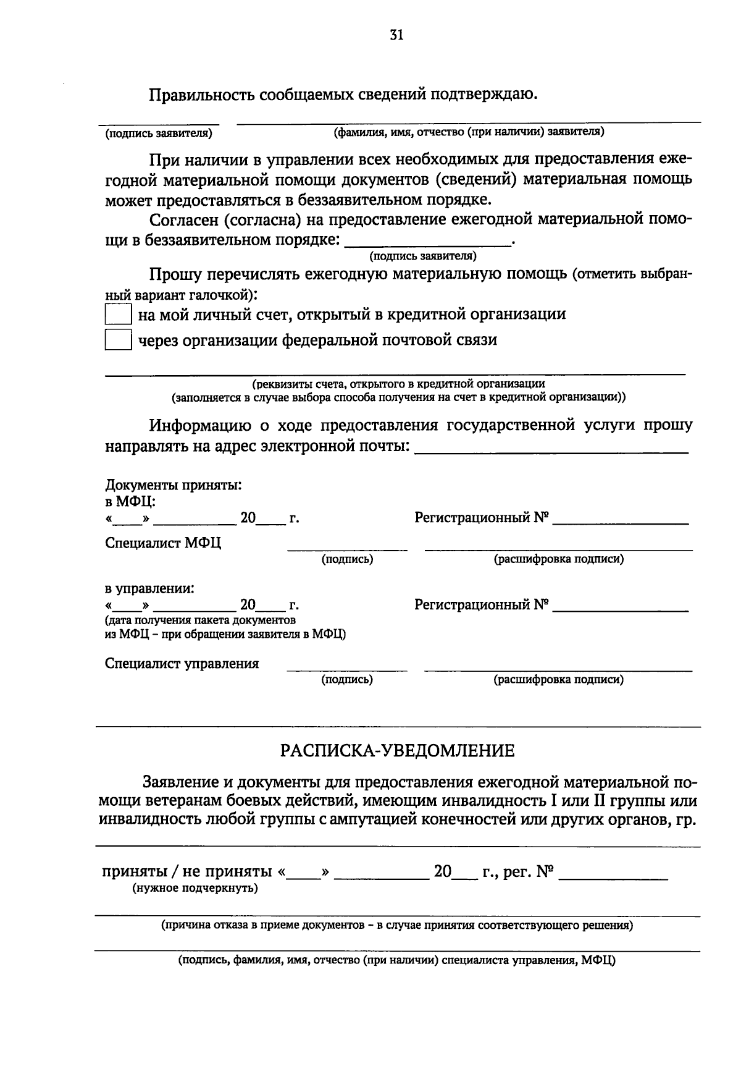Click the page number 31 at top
click(x=396, y=35)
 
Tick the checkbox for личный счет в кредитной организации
click(x=118, y=315)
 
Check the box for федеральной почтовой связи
click(x=118, y=340)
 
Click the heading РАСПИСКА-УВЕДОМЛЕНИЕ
click(x=397, y=751)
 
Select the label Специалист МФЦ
click(x=163, y=543)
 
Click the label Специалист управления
click(x=182, y=664)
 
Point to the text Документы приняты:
click(x=173, y=485)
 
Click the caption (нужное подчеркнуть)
click(x=195, y=888)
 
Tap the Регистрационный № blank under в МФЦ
click(x=620, y=519)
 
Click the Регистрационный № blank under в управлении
click(x=620, y=606)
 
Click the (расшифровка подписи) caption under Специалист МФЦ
click(x=558, y=559)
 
